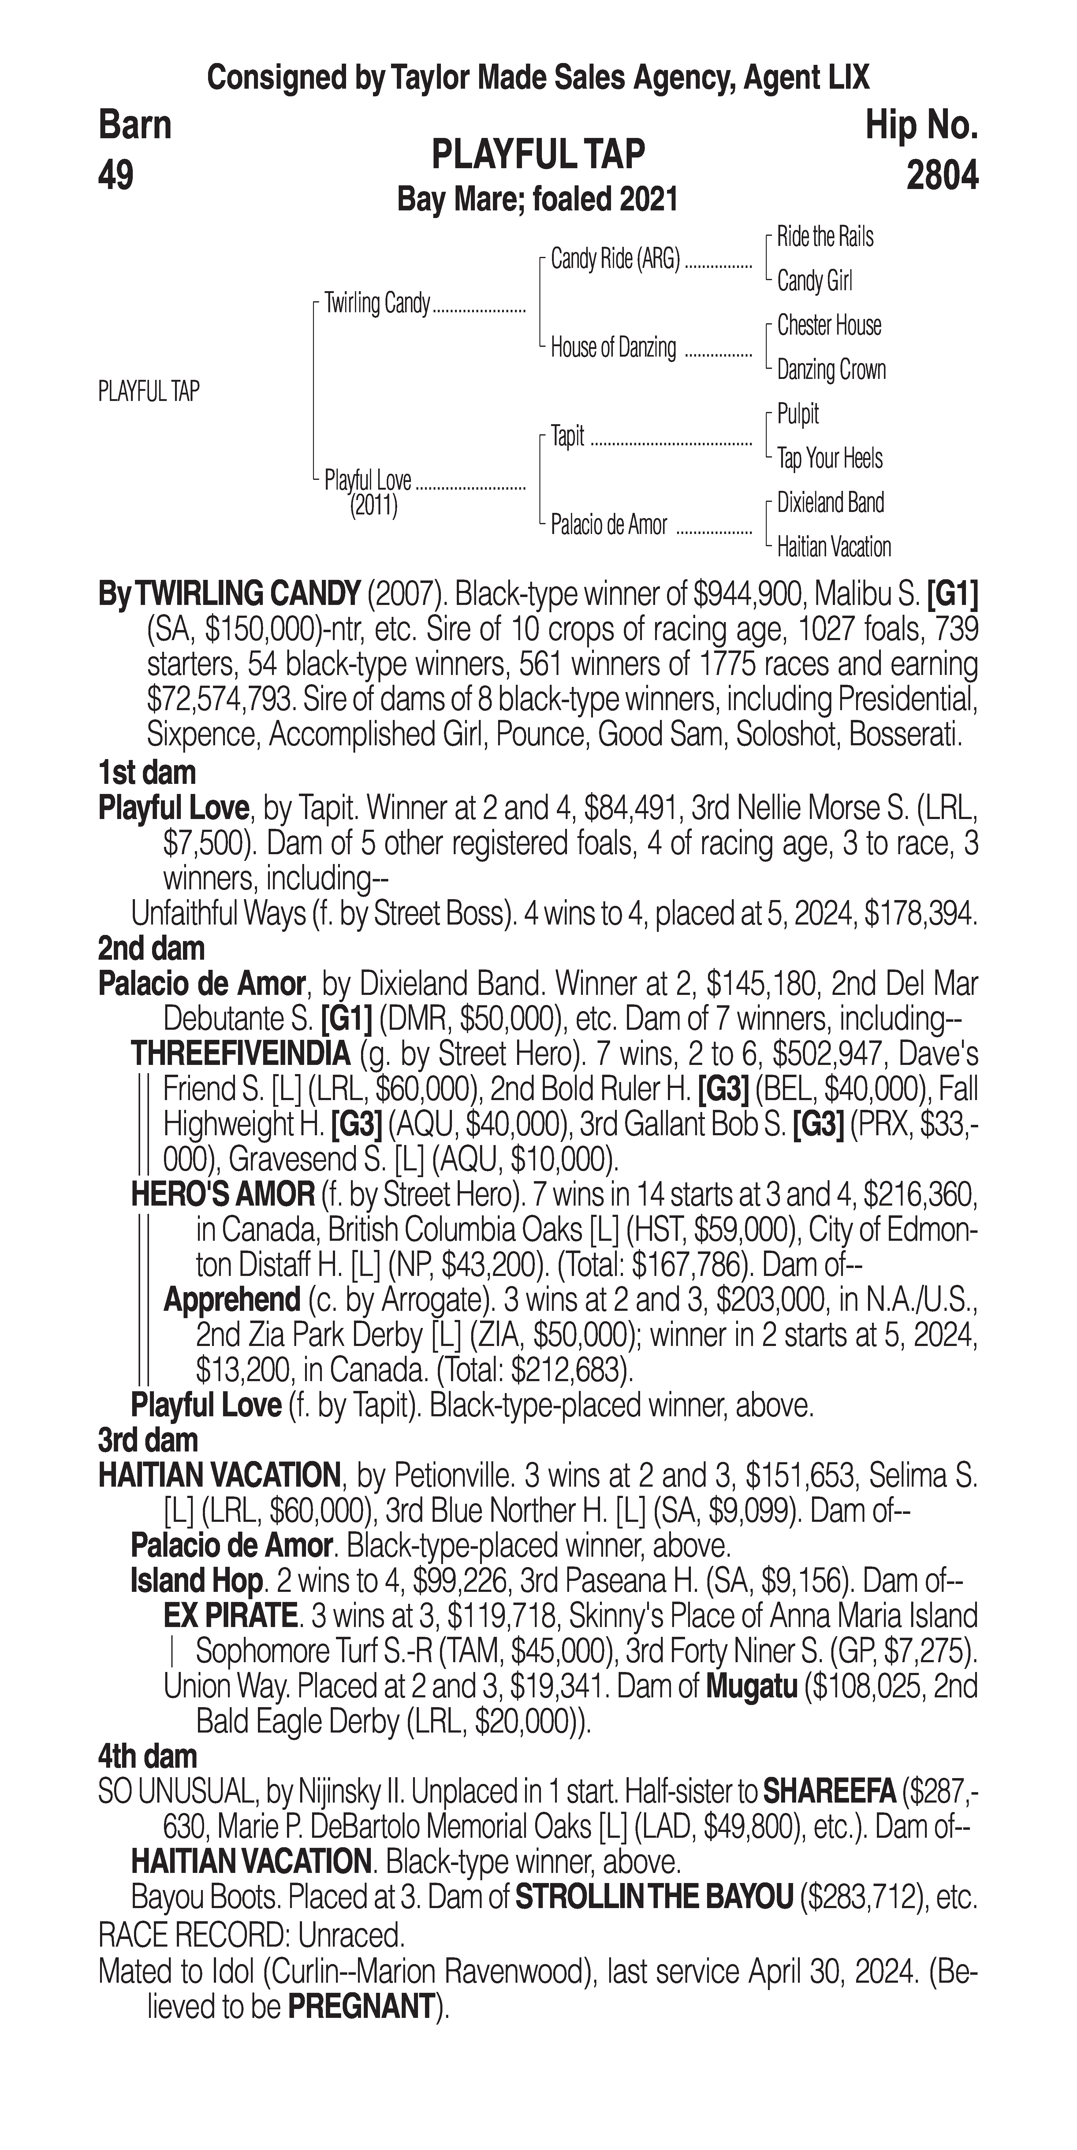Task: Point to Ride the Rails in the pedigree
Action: (x=825, y=237)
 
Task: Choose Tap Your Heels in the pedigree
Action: (x=829, y=458)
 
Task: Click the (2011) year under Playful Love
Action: (x=373, y=506)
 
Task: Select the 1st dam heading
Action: (x=147, y=773)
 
